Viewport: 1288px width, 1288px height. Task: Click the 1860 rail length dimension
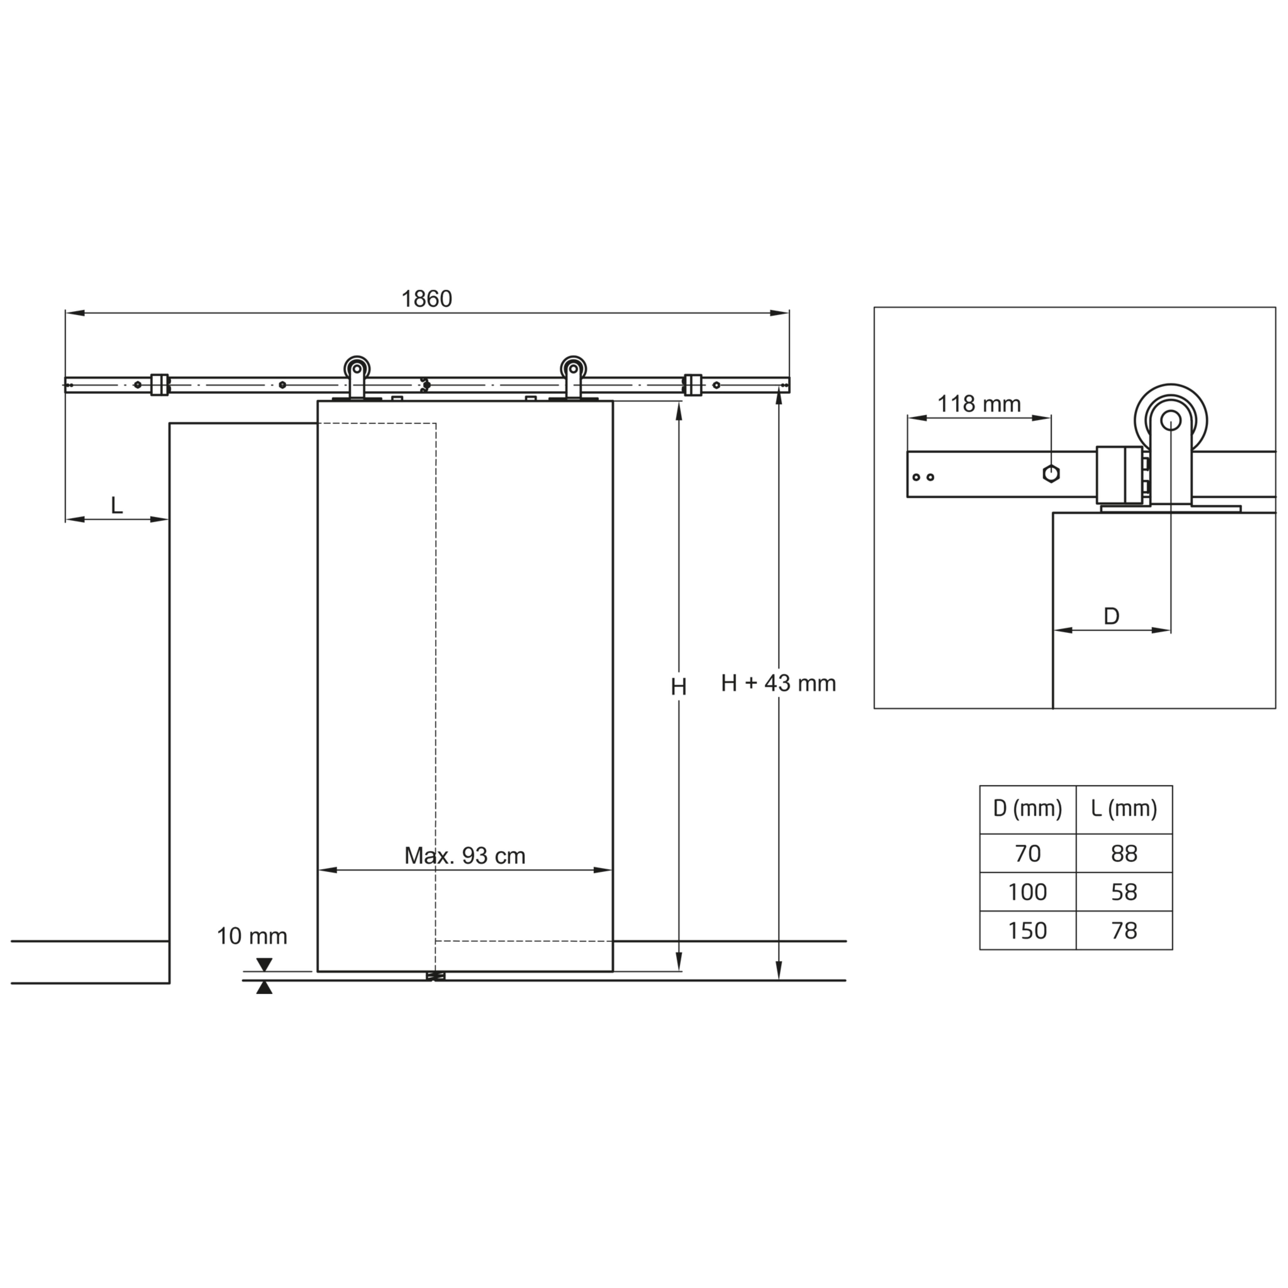(427, 299)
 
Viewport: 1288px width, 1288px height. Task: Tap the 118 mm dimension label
(979, 404)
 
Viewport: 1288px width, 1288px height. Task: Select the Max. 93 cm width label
(465, 856)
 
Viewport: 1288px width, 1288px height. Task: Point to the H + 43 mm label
(778, 683)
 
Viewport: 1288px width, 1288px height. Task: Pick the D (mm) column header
(1027, 809)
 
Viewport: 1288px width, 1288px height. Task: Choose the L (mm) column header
(1124, 809)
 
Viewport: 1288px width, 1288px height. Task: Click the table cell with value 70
(1027, 853)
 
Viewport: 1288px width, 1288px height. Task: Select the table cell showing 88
(1124, 853)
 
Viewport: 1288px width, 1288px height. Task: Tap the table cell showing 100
(1027, 892)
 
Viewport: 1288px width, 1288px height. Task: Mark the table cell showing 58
(1124, 892)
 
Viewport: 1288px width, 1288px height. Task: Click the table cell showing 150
(1027, 931)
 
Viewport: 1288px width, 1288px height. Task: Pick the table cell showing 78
(1124, 931)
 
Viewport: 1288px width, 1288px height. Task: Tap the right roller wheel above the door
(573, 369)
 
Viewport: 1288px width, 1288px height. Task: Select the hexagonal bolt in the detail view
(1051, 474)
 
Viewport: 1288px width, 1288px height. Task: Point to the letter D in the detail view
(1111, 616)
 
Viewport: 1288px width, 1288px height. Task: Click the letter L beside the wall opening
(117, 505)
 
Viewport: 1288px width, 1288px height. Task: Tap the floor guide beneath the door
(435, 976)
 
